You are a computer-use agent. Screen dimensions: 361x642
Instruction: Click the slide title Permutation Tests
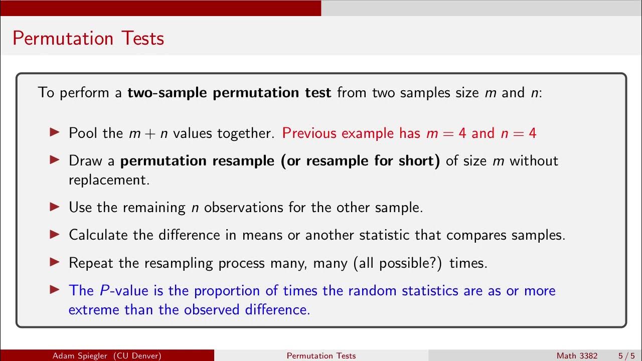pyautogui.click(x=88, y=38)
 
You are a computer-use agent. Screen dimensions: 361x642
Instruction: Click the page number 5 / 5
pyautogui.click(x=626, y=355)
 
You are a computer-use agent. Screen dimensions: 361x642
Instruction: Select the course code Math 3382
pyautogui.click(x=577, y=355)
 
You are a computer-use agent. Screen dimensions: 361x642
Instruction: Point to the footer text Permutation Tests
pyautogui.click(x=321, y=355)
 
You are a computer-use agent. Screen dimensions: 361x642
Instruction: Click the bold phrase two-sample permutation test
pyautogui.click(x=229, y=93)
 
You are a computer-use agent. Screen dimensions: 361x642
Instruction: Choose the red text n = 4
pyautogui.click(x=519, y=133)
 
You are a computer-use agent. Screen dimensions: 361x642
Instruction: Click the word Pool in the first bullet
pyautogui.click(x=81, y=133)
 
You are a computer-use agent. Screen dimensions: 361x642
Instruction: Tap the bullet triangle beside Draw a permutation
pyautogui.click(x=55, y=160)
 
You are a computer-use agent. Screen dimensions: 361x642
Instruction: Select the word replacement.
pyautogui.click(x=109, y=180)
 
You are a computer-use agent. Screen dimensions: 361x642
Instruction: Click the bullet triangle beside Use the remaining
pyautogui.click(x=55, y=207)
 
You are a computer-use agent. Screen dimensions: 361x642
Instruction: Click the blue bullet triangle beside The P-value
pyautogui.click(x=55, y=290)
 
